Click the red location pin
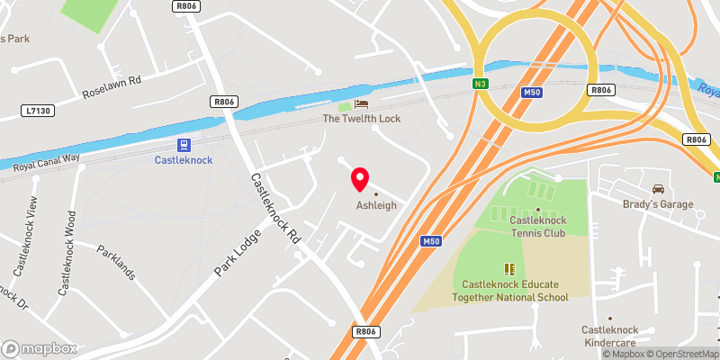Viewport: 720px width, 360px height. pyautogui.click(x=360, y=178)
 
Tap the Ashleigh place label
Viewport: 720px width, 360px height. pyautogui.click(x=375, y=205)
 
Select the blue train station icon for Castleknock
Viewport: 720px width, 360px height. pyautogui.click(x=184, y=145)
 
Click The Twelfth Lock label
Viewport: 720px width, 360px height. pyautogui.click(x=361, y=119)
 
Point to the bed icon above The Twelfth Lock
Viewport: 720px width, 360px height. pyautogui.click(x=361, y=104)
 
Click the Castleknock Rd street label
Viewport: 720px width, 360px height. pyautogui.click(x=274, y=208)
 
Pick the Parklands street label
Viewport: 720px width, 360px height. pyautogui.click(x=115, y=261)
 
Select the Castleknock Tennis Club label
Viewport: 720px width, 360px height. pyautogui.click(x=537, y=226)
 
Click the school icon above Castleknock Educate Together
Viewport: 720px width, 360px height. pyautogui.click(x=509, y=268)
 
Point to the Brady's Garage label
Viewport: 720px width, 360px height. pyautogui.click(x=658, y=204)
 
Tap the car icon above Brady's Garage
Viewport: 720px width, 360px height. pyautogui.click(x=658, y=190)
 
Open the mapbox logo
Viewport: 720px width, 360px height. pyautogui.click(x=40, y=348)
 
